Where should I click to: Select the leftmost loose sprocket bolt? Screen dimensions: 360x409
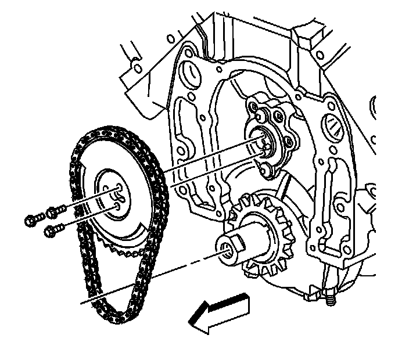click(x=32, y=220)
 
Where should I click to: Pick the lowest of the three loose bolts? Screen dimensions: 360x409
click(x=51, y=231)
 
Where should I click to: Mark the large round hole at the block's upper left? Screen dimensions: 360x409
click(x=189, y=74)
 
